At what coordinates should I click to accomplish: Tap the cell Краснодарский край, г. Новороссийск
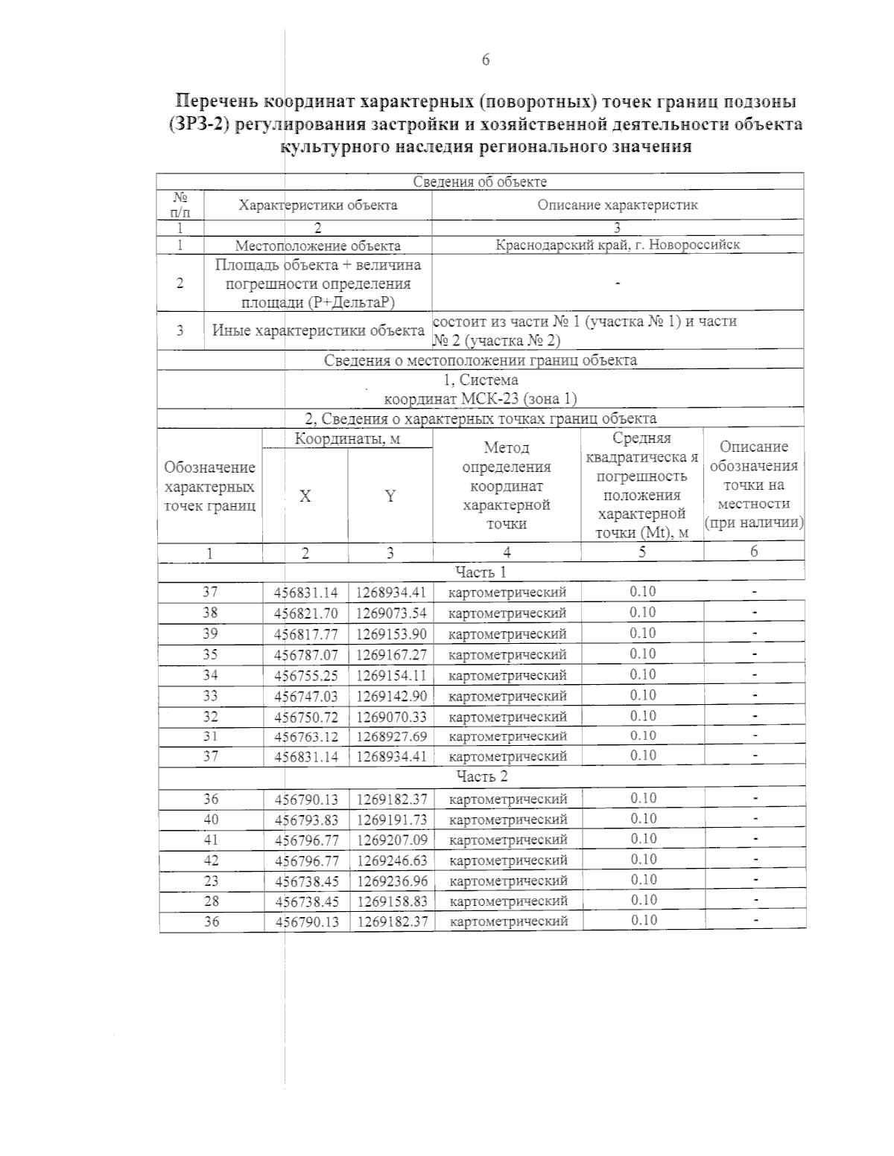[618, 245]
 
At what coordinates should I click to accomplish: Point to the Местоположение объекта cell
[317, 246]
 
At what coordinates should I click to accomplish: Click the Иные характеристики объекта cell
[318, 330]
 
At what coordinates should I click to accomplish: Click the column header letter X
[305, 496]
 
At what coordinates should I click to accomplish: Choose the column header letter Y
[390, 496]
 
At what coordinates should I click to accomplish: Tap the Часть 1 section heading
[481, 572]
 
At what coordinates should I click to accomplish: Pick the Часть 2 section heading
[481, 776]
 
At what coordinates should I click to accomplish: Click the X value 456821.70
[306, 613]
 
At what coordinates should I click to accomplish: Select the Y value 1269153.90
[390, 634]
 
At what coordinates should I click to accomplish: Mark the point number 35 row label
[211, 654]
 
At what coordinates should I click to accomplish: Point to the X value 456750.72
[306, 717]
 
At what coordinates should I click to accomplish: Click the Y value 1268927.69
[390, 736]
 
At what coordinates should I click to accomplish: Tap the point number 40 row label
[211, 819]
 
